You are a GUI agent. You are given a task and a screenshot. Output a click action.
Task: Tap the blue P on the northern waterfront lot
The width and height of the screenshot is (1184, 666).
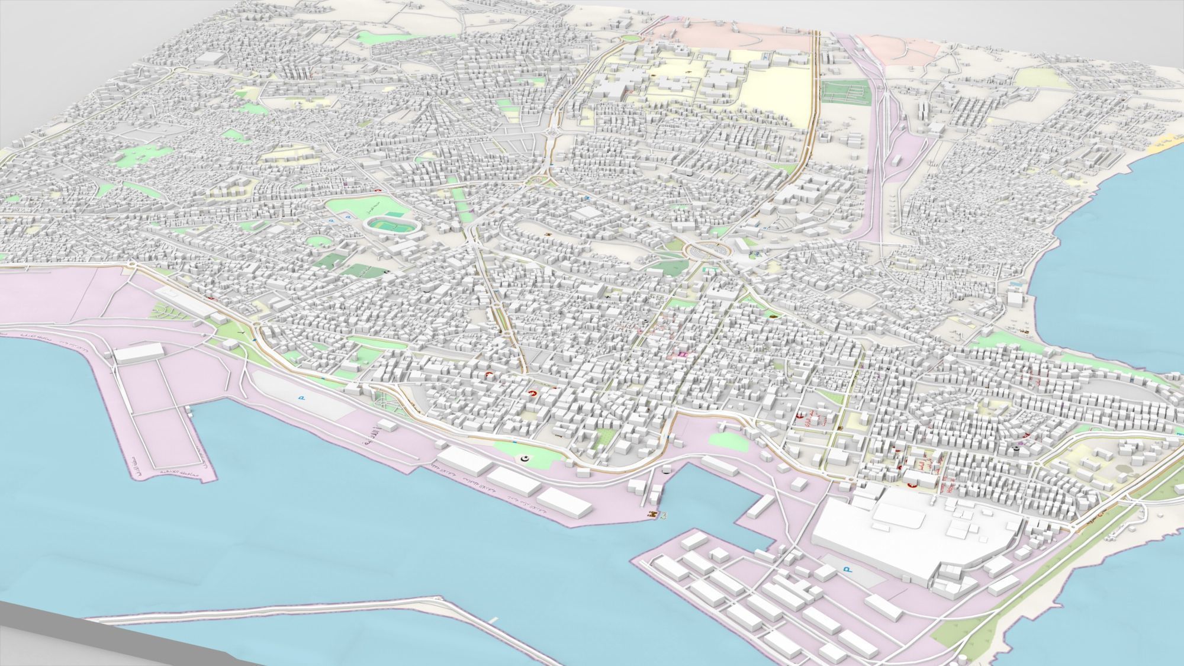tap(301, 398)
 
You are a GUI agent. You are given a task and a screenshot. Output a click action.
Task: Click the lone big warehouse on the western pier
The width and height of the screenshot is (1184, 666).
tap(138, 353)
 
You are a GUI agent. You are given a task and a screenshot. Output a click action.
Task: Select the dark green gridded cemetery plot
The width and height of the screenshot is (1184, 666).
tap(844, 91)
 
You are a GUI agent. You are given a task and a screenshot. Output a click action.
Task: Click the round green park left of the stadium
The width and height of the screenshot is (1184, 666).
tap(318, 241)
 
